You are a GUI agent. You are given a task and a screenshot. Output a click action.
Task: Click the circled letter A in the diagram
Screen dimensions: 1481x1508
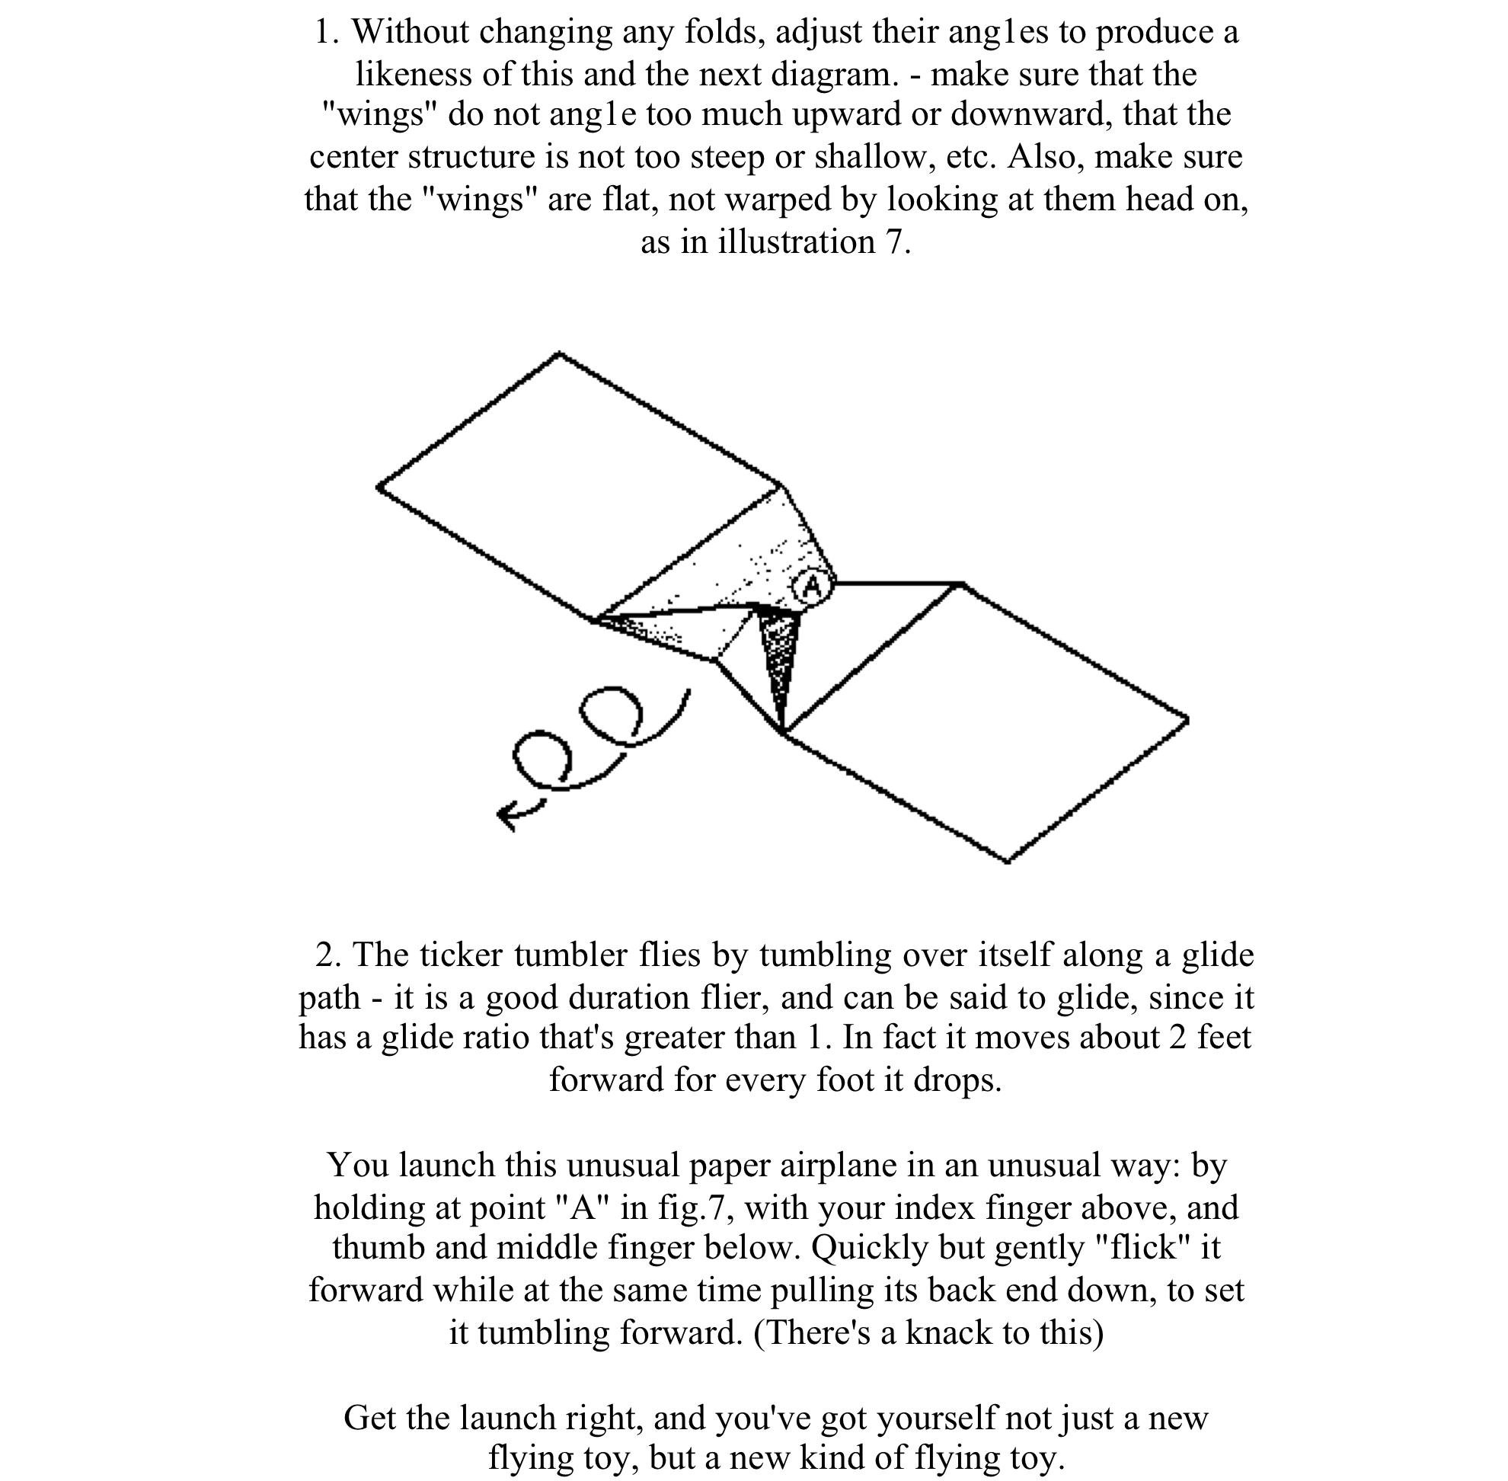(812, 587)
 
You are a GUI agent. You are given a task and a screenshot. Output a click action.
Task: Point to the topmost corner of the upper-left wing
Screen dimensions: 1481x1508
(559, 354)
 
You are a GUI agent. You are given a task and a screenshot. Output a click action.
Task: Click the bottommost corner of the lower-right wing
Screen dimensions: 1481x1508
(1008, 861)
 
